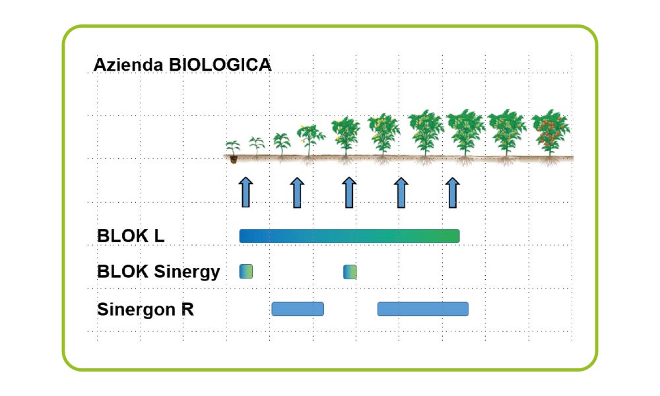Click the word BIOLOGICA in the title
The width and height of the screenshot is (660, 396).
(x=220, y=65)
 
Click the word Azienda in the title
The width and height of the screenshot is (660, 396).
(x=129, y=65)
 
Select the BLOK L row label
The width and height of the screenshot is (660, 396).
(x=131, y=236)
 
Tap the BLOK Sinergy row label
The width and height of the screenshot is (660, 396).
(x=158, y=272)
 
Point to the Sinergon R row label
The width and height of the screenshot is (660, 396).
(x=145, y=310)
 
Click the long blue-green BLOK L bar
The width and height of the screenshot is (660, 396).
(x=349, y=236)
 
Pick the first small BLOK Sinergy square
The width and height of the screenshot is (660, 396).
(x=246, y=271)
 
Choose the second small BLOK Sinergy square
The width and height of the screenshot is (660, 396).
(x=350, y=272)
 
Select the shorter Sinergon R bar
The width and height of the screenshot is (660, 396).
(x=298, y=309)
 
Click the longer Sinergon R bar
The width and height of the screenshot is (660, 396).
(x=422, y=309)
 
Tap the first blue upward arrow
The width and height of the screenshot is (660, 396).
(x=246, y=192)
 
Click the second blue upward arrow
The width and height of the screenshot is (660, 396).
(x=297, y=192)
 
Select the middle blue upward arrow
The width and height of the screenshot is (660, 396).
(x=349, y=192)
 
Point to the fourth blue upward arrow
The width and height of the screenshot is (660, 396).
(x=401, y=192)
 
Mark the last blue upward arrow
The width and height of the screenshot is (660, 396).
(x=453, y=192)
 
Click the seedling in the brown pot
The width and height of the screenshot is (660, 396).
(x=233, y=152)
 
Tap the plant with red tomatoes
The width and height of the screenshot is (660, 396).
(x=550, y=135)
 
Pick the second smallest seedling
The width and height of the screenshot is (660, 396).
(x=256, y=147)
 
